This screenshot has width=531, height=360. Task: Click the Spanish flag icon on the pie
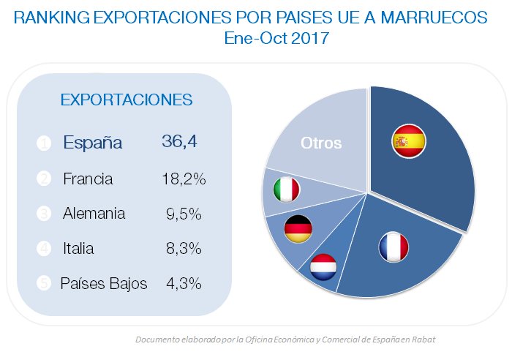tap(410, 142)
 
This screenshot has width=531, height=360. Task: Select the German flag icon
tap(298, 229)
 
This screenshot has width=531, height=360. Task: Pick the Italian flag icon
tap(286, 190)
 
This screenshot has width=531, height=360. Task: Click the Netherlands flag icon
tap(322, 267)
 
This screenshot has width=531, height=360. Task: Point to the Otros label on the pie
tap(321, 143)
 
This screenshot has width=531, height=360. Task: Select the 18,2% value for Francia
tap(183, 179)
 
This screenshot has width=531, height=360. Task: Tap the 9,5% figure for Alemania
tap(184, 214)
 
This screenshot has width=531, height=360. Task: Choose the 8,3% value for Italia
tap(184, 249)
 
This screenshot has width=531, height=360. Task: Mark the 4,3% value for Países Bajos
tap(183, 284)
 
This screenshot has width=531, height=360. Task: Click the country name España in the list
tap(92, 143)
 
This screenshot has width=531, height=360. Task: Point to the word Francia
tap(88, 179)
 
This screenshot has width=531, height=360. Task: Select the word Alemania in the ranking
tap(94, 214)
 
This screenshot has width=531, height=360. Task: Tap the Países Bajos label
tap(104, 284)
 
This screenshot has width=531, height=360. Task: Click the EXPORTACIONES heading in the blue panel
tap(126, 100)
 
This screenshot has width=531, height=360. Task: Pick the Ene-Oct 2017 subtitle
tap(276, 39)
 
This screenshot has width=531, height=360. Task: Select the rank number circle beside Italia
tap(43, 249)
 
